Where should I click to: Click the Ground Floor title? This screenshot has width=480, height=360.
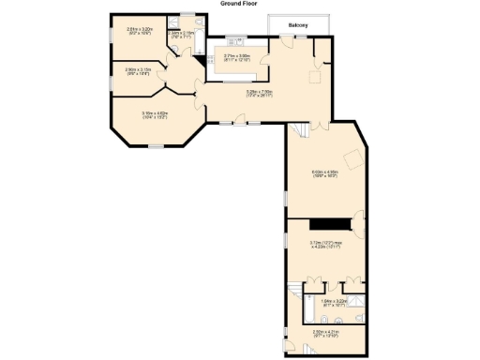(x=240, y=4)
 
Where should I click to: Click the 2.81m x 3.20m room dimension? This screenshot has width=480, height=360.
(x=139, y=30)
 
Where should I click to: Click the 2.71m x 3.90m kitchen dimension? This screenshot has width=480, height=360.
(x=236, y=57)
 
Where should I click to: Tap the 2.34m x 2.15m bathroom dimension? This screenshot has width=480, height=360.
(x=182, y=34)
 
